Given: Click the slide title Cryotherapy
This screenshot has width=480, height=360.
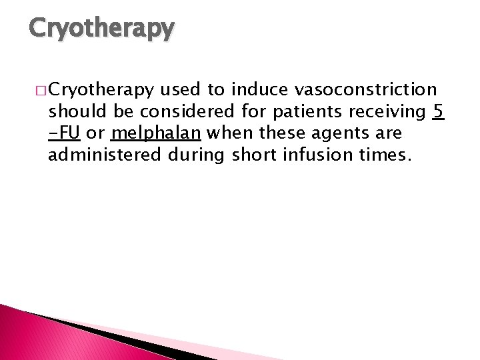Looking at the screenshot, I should (x=101, y=28).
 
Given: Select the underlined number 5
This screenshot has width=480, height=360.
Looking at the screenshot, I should (x=437, y=111).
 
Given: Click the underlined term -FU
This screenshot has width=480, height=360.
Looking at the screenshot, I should (x=65, y=133).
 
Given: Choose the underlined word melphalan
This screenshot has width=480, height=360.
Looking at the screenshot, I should (x=156, y=133).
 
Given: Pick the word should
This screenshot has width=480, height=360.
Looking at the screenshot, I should (x=71, y=111).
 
